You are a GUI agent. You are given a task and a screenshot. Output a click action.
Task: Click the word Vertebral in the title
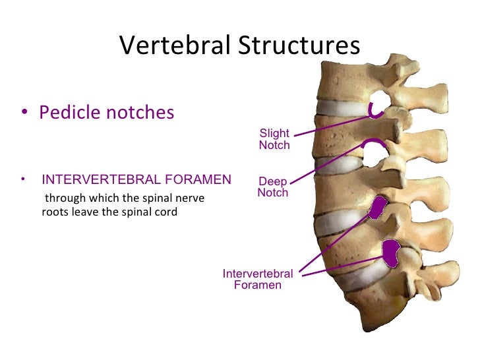coord(173,45)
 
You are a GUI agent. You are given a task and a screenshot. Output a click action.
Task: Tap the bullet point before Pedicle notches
coord(24,113)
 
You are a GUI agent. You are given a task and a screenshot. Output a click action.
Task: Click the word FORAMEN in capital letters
coord(200,180)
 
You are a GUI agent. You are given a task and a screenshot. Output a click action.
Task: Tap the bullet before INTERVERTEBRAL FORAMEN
coord(24,179)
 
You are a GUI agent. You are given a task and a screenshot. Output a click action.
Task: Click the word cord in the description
coord(166,212)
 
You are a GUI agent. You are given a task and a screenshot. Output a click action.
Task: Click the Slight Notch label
coord(274,139)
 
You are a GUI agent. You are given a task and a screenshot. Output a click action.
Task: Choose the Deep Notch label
coord(272,187)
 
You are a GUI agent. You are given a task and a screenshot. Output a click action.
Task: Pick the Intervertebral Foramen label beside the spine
coord(258,280)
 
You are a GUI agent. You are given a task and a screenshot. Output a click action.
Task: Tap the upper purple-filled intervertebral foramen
coord(378,208)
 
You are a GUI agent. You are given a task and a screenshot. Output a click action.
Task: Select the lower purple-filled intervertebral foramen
coord(392,253)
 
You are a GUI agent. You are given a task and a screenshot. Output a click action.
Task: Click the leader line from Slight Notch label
coord(330,125)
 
